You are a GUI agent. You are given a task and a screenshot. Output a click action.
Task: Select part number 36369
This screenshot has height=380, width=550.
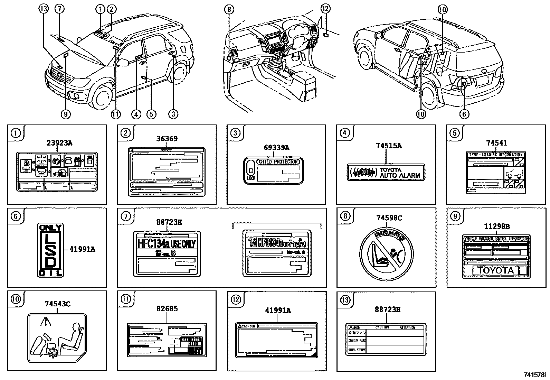167,139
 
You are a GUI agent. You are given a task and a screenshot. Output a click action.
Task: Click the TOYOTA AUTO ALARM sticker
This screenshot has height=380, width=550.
386,172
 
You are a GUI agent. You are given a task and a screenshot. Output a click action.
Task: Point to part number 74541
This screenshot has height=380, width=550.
496,143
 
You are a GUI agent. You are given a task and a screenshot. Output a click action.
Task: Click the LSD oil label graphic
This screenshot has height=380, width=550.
50,250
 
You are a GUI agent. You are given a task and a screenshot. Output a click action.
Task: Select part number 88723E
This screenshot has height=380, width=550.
167,222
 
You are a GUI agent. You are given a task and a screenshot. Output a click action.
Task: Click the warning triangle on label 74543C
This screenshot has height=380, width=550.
45,322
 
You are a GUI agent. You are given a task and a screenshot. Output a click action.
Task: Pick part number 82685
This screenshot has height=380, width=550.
167,308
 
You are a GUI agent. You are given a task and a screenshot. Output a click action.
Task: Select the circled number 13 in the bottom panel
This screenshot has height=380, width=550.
345,300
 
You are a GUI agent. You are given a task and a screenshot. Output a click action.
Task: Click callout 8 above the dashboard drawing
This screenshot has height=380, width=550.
229,9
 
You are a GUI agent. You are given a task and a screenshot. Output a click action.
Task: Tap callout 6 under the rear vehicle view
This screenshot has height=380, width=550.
464,114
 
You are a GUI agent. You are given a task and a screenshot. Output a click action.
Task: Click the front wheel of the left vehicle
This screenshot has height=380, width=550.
103,96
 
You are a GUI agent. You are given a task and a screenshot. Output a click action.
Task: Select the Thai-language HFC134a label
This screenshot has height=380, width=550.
277,253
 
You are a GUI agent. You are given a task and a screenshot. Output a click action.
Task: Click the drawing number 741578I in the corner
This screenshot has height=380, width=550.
535,374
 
